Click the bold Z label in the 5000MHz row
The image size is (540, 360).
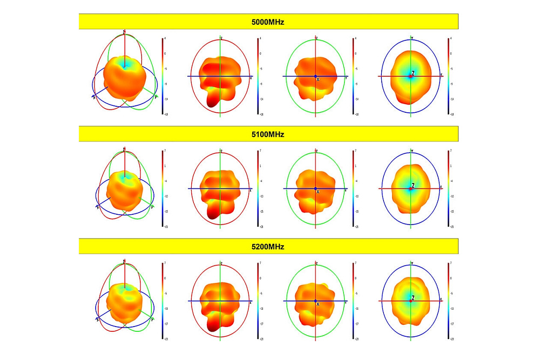click(413, 73)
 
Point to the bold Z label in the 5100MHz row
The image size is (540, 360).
click(413, 185)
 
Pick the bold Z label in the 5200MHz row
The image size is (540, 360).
click(413, 297)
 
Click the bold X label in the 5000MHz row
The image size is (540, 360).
click(318, 79)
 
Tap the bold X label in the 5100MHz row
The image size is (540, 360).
click(318, 192)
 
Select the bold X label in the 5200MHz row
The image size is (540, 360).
click(318, 304)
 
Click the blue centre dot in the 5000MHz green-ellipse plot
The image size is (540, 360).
click(315, 76)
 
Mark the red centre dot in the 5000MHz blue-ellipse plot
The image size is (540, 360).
click(410, 77)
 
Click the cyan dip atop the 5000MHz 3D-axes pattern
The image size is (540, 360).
click(125, 64)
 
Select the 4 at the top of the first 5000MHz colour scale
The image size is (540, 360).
click(165, 39)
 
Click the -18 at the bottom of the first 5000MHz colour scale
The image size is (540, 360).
click(165, 115)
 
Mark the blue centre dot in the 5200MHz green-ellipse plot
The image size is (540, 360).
click(315, 301)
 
